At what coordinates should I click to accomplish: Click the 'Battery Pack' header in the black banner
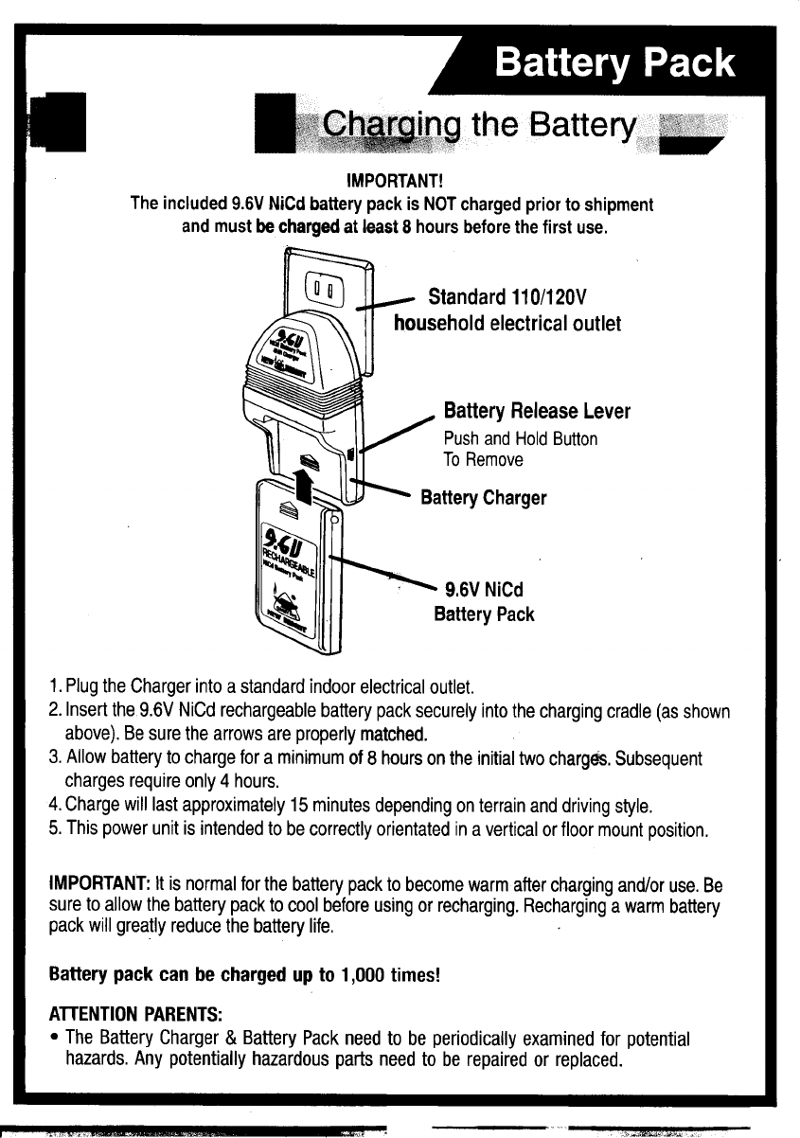coord(615,63)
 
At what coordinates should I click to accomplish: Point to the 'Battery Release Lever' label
coord(537,412)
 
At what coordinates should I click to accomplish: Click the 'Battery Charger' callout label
coord(483,498)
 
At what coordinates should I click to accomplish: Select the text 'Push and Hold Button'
coord(520,439)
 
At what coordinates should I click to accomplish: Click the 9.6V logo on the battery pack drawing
coord(284,542)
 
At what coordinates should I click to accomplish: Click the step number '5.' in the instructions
coord(56,830)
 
